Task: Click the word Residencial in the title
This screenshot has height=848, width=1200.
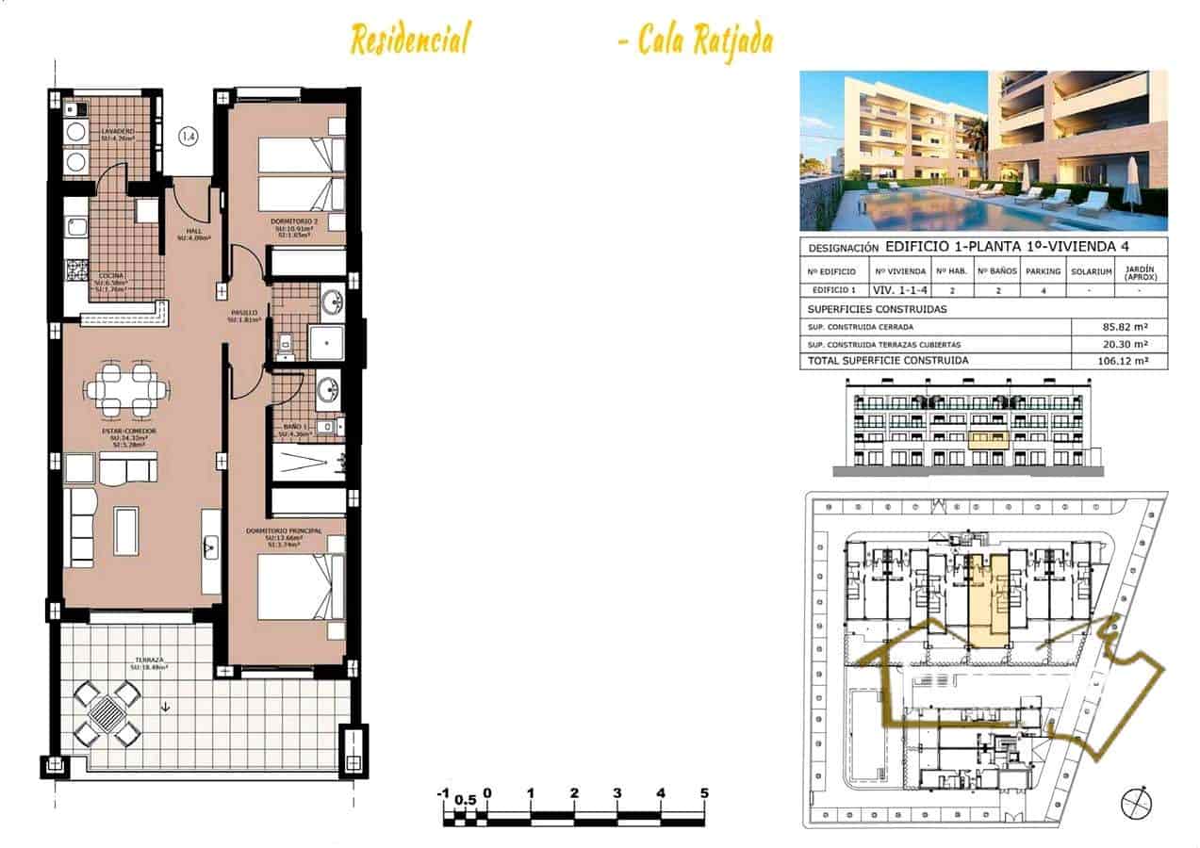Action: click(409, 40)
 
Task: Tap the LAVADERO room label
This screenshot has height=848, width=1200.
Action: click(118, 130)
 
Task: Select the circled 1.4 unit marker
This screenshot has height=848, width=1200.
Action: click(189, 137)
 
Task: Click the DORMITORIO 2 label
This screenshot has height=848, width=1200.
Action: click(297, 222)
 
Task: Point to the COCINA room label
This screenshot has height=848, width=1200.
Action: click(112, 276)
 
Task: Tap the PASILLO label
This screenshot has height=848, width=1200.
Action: click(244, 313)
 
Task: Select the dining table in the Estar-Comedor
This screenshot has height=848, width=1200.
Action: click(125, 389)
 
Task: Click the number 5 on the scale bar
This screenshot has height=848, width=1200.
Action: click(703, 793)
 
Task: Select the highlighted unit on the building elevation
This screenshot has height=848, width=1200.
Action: click(989, 438)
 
